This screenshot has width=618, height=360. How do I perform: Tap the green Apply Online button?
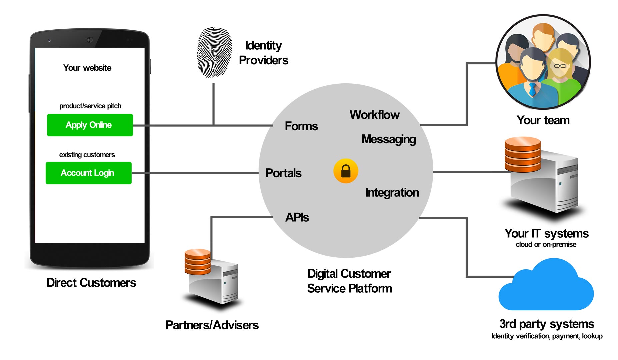point(90,125)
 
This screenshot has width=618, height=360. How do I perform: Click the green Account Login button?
point(88,173)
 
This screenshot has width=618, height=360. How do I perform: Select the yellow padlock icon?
point(346,171)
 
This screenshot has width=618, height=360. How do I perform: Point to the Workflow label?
point(374,115)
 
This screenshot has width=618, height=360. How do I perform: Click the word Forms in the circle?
point(301,126)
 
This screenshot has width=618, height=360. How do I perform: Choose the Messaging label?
point(389,139)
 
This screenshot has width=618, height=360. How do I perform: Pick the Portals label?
point(283,173)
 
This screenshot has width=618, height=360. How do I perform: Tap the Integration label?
point(392,193)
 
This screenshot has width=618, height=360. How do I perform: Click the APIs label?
point(297,217)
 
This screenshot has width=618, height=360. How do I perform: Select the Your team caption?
point(543,120)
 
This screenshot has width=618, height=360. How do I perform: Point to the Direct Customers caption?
point(91,283)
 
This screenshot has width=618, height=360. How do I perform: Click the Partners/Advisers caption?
point(212,325)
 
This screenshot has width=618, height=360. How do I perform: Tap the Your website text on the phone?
point(87,68)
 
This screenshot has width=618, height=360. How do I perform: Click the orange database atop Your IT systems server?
point(522,154)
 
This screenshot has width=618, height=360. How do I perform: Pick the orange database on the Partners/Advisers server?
point(197,262)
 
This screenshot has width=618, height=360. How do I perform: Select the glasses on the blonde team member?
point(560,66)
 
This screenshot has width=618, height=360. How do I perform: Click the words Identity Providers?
point(263,53)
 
